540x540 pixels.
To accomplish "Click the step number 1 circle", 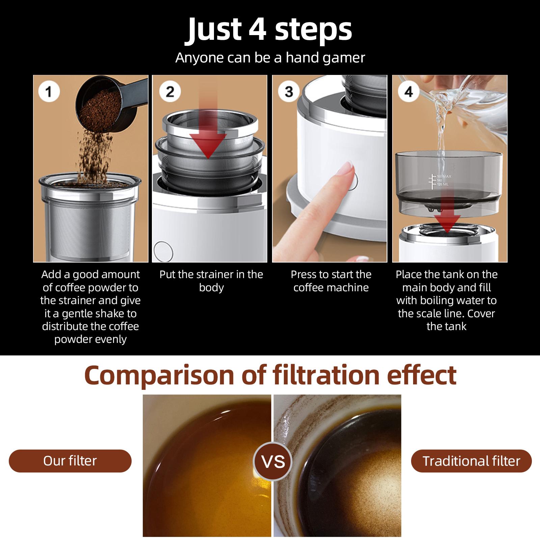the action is pyautogui.click(x=49, y=91).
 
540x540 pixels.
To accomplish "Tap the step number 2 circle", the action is pyautogui.click(x=170, y=91).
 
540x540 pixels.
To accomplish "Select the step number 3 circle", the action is pyautogui.click(x=289, y=91).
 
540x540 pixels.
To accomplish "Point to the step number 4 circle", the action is pyautogui.click(x=409, y=91).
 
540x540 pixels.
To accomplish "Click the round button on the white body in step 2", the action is pyautogui.click(x=163, y=250).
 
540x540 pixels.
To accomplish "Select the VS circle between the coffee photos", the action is pyautogui.click(x=273, y=461).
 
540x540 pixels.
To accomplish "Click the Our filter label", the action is pyautogui.click(x=70, y=461).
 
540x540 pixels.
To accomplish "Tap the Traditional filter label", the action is pyautogui.click(x=471, y=461).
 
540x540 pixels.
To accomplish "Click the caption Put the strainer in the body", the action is pyautogui.click(x=211, y=281).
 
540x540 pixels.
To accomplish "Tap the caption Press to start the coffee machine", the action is pyautogui.click(x=331, y=281).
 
